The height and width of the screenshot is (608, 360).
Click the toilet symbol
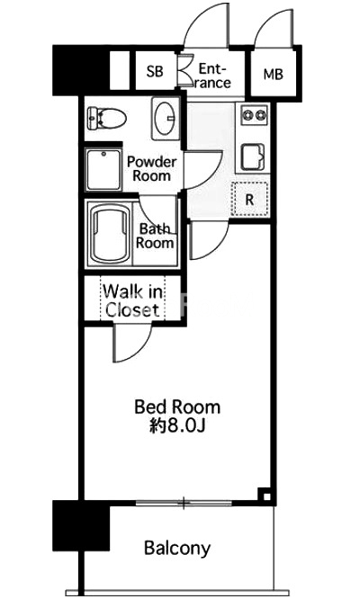click(x=106, y=118)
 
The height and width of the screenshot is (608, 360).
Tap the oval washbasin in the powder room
click(x=165, y=117)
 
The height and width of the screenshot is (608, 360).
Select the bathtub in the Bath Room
click(x=111, y=234)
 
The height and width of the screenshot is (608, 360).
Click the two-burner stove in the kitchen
click(x=254, y=115)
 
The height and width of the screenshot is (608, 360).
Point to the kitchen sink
click(x=253, y=157)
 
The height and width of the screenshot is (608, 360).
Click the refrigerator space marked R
click(x=249, y=200)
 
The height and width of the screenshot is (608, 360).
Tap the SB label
click(x=155, y=71)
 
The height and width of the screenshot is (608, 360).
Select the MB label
click(x=273, y=74)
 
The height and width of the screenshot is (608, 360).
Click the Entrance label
click(x=212, y=76)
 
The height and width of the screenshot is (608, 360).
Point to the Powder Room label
click(x=152, y=169)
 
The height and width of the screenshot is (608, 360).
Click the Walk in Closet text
click(x=132, y=300)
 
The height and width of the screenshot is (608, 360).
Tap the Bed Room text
click(x=177, y=407)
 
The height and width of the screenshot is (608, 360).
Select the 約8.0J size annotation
click(x=177, y=426)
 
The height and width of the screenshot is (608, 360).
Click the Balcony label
click(x=177, y=549)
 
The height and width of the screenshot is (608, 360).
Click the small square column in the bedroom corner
click(x=265, y=496)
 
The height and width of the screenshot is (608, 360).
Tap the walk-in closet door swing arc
click(x=138, y=350)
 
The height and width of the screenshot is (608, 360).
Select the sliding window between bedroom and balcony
click(x=184, y=504)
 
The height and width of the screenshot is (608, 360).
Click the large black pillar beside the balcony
click(x=81, y=525)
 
